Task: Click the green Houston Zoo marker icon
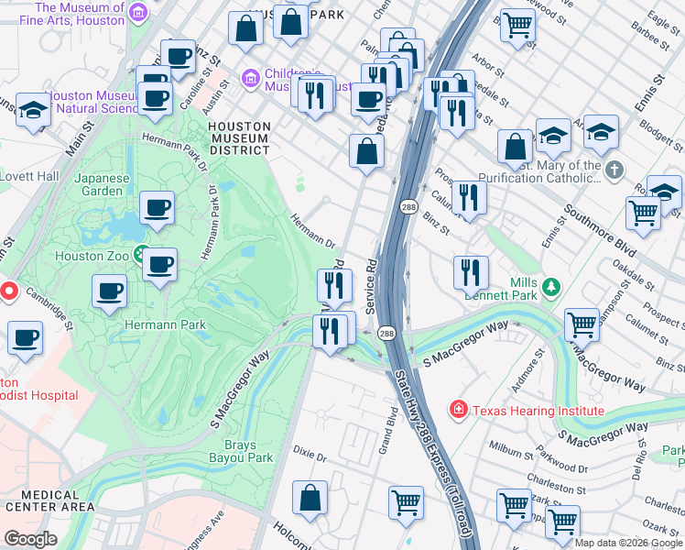(140, 254)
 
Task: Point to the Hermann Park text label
(167, 324)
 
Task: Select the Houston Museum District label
(238, 137)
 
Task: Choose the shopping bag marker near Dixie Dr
(310, 500)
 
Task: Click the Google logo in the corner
(30, 539)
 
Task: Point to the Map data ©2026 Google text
(629, 543)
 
